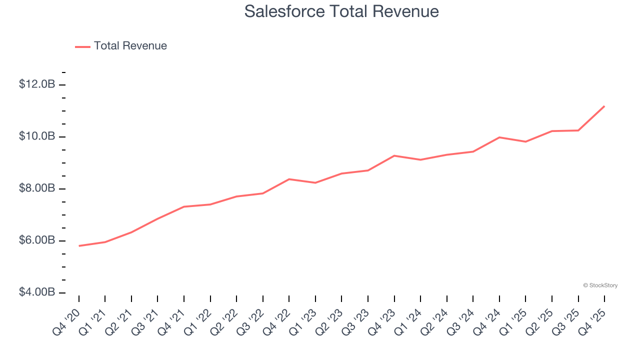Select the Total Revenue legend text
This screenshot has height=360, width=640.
pyautogui.click(x=130, y=46)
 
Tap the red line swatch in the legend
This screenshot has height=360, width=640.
pyautogui.click(x=82, y=46)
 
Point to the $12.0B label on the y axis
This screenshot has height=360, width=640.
pyautogui.click(x=37, y=84)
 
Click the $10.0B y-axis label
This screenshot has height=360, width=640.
pyautogui.click(x=37, y=136)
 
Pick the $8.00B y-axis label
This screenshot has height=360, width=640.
pyautogui.click(x=37, y=188)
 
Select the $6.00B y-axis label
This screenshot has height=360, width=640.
pyautogui.click(x=37, y=240)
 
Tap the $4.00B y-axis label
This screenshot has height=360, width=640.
pyautogui.click(x=37, y=292)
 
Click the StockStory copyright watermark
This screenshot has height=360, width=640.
pyautogui.click(x=600, y=285)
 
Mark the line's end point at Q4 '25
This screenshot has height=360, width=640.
pyautogui.click(x=604, y=106)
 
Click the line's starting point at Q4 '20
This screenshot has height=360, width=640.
pyautogui.click(x=79, y=246)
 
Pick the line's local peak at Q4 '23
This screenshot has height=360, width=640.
pyautogui.click(x=394, y=155)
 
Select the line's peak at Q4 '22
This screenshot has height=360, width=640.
pyautogui.click(x=289, y=179)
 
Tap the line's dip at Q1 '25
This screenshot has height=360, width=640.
pyautogui.click(x=525, y=141)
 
